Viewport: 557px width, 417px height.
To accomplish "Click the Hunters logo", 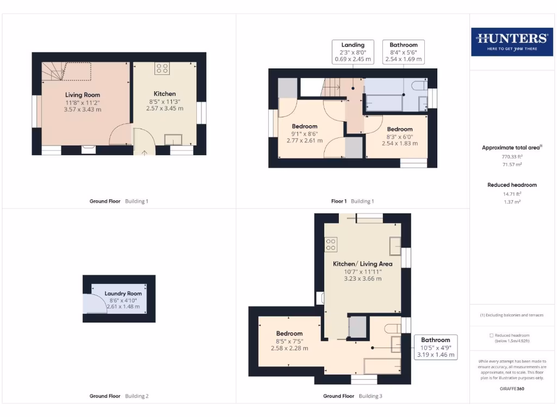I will pos(511,41).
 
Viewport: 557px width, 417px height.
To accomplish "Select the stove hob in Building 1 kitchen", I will pos(162,68).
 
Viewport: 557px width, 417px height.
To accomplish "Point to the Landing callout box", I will pos(352,52).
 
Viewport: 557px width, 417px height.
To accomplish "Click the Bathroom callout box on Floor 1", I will pos(403,52).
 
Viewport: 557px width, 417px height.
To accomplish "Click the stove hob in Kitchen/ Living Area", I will pos(331,245).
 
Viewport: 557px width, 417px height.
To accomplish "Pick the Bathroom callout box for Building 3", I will pos(435,347).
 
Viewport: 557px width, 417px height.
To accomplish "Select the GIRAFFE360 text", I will pos(512,389).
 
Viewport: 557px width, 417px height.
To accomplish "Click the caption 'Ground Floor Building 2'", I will pos(119,396).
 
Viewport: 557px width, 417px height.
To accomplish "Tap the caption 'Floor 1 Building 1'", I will pos(352,201).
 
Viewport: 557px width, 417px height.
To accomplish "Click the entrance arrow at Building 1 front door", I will pos(144,152).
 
